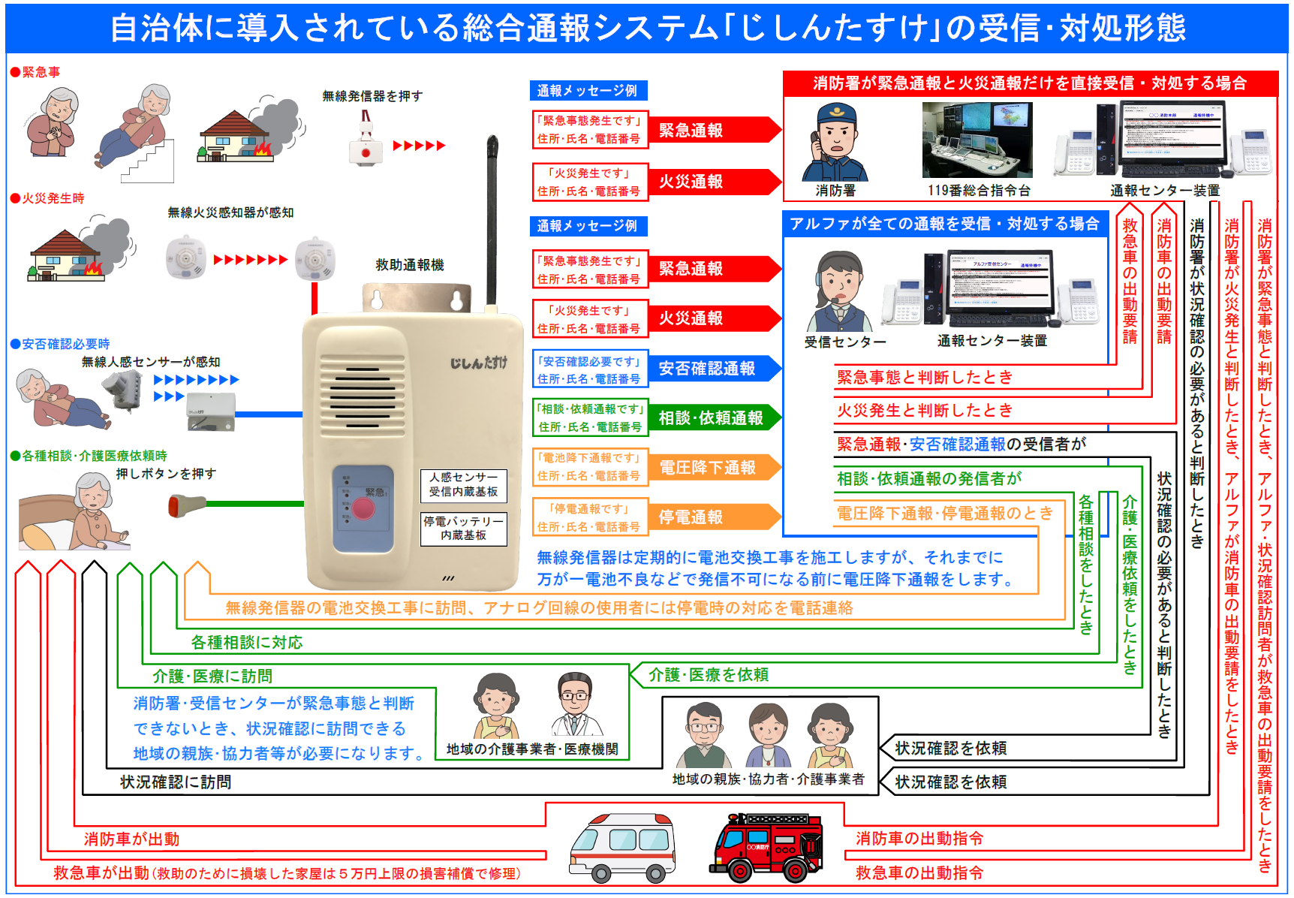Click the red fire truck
[766, 847]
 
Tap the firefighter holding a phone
[834, 142]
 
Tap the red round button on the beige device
[363, 508]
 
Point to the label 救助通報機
[410, 265]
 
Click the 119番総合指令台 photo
[977, 140]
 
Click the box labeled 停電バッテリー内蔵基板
[463, 528]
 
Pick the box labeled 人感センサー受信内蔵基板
[463, 484]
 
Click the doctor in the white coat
[576, 705]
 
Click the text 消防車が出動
[131, 839]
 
